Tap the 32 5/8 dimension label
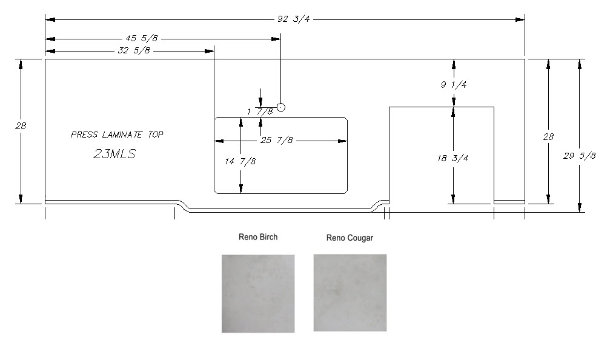pyautogui.click(x=133, y=51)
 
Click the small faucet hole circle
pyautogui.click(x=280, y=108)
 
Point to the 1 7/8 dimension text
pyautogui.click(x=260, y=112)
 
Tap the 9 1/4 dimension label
pyautogui.click(x=453, y=85)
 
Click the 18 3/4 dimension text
pyautogui.click(x=454, y=158)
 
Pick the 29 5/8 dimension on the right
pyautogui.click(x=580, y=156)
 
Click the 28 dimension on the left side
pyautogui.click(x=21, y=126)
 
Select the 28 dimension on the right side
pyautogui.click(x=548, y=138)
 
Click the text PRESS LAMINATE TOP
pyautogui.click(x=117, y=135)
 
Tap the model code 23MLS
pyautogui.click(x=114, y=154)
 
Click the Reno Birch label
pyautogui.click(x=258, y=237)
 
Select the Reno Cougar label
pyautogui.click(x=350, y=238)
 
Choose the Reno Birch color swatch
pyautogui.click(x=258, y=293)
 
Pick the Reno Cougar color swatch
pyautogui.click(x=350, y=293)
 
